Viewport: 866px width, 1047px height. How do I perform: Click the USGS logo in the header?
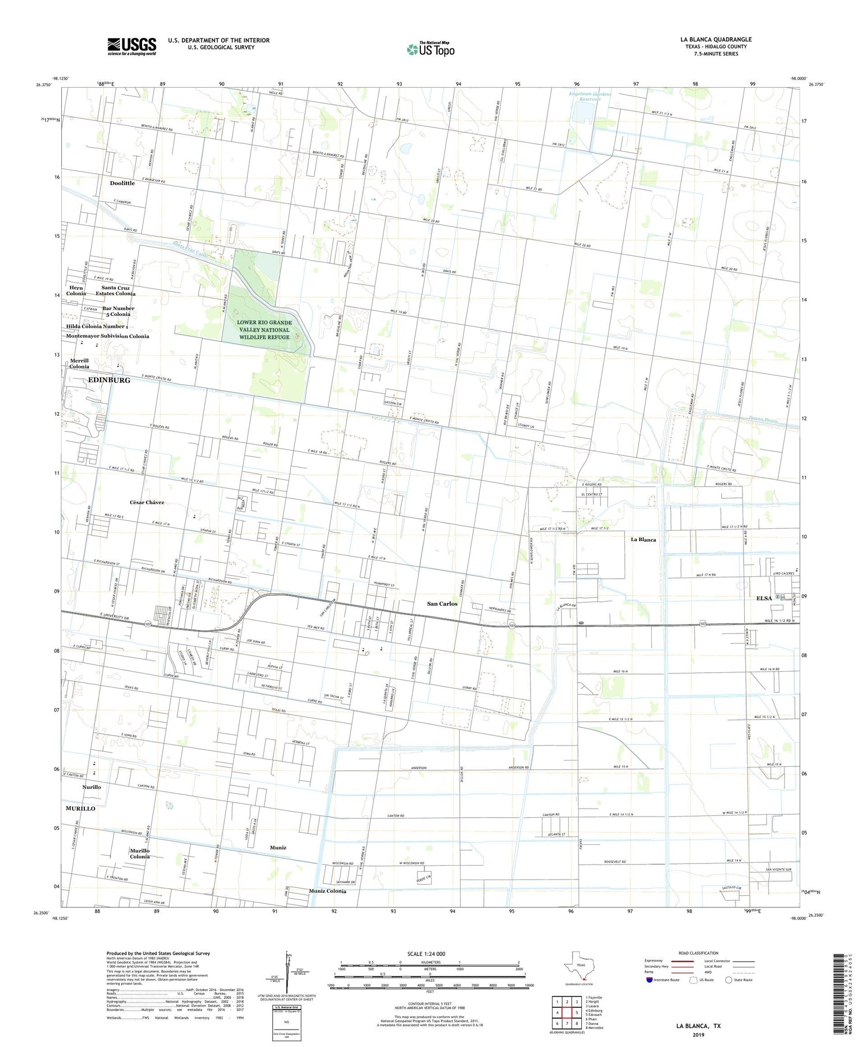pyautogui.click(x=132, y=46)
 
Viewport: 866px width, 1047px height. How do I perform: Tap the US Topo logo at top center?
pyautogui.click(x=431, y=50)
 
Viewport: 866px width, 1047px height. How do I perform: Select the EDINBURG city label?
pyautogui.click(x=109, y=380)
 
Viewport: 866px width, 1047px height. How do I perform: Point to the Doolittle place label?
pyautogui.click(x=122, y=183)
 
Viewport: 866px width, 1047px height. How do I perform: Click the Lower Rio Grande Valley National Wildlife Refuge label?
pyautogui.click(x=264, y=330)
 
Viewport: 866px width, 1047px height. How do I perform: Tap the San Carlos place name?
pyautogui.click(x=442, y=603)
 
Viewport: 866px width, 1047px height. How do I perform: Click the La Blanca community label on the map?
pyautogui.click(x=643, y=539)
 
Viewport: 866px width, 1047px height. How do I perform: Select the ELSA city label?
pyautogui.click(x=764, y=598)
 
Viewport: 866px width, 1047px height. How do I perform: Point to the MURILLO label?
pyautogui.click(x=80, y=808)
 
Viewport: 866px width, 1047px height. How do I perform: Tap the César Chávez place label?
pyautogui.click(x=147, y=502)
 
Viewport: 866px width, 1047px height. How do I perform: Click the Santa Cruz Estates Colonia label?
pyautogui.click(x=115, y=290)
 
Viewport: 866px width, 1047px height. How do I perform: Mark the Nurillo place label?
pyautogui.click(x=91, y=787)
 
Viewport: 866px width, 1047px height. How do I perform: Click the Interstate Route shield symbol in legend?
pyautogui.click(x=649, y=979)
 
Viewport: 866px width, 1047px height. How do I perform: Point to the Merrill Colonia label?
pyautogui.click(x=79, y=363)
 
